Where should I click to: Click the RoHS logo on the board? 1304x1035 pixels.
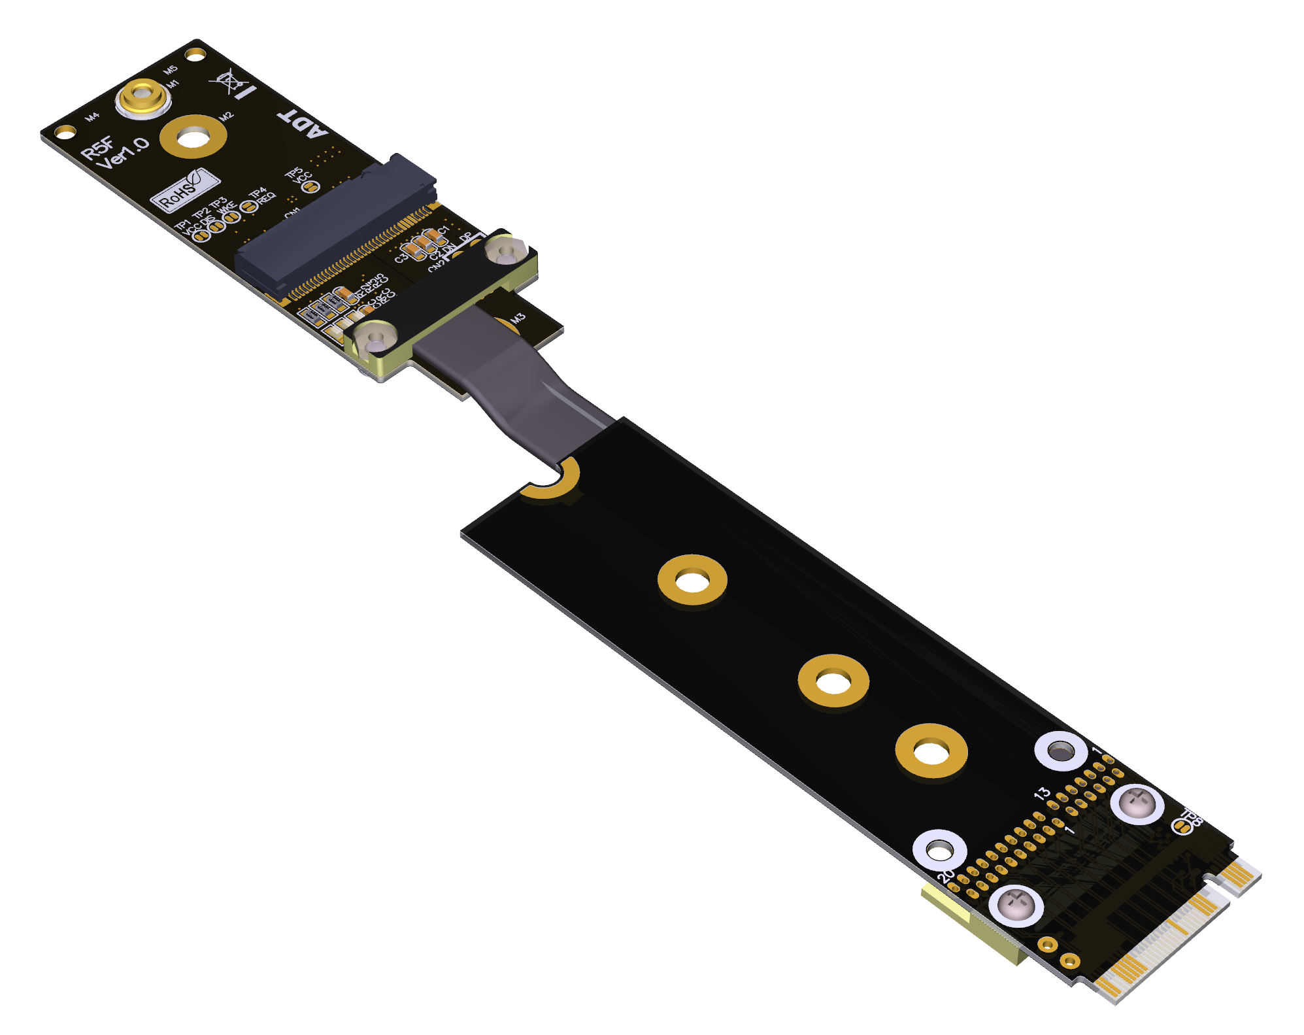point(184,190)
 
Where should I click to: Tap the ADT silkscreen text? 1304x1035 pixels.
point(302,124)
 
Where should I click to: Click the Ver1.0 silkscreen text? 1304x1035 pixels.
point(122,154)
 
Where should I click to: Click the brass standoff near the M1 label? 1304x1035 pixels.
point(142,98)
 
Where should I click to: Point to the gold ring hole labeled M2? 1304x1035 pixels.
point(193,137)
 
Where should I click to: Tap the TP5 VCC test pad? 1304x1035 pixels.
point(311,186)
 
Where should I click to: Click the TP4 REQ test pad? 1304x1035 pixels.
point(248,207)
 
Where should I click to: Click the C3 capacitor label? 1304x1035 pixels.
point(401,258)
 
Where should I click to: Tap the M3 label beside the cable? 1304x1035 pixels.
point(518,318)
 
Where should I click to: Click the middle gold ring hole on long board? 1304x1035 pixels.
point(833,682)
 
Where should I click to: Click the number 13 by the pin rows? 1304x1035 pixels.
point(1042,793)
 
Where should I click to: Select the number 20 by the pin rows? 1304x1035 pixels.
point(946,875)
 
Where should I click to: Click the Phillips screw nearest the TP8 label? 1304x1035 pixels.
point(1137,802)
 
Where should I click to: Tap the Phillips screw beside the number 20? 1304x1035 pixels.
point(1015,906)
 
